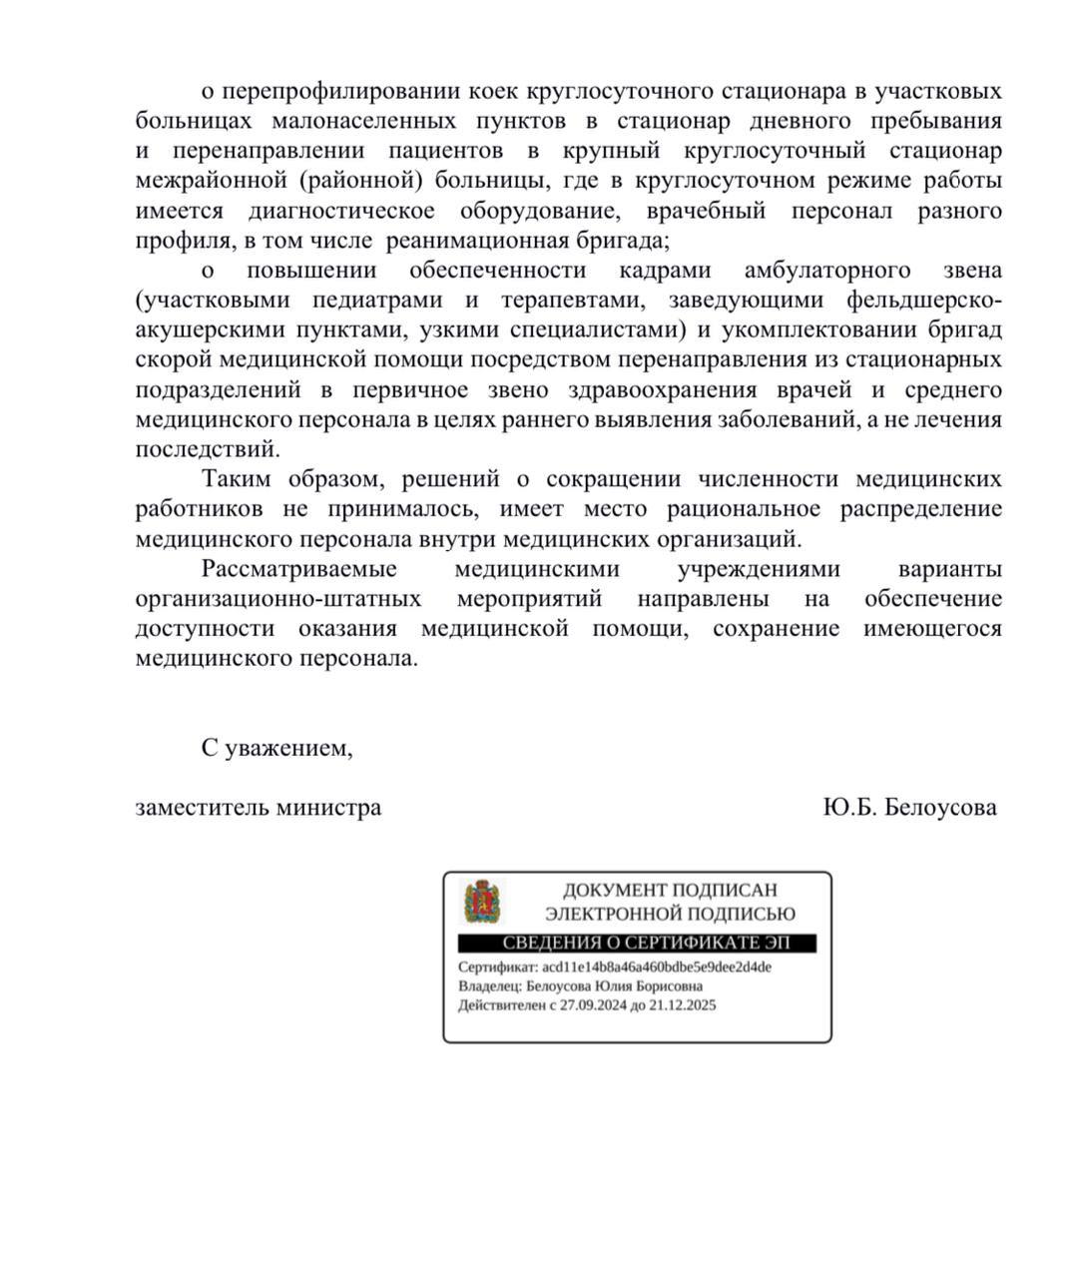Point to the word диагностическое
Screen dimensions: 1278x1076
click(x=341, y=212)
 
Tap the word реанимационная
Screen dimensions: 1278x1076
click(x=465, y=242)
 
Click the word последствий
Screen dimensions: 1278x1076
click(x=208, y=449)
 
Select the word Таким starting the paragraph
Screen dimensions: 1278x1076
click(x=236, y=479)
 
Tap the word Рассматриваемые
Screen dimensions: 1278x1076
click(x=299, y=569)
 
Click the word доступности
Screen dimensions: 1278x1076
click(x=205, y=629)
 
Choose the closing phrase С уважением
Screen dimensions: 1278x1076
click(x=276, y=748)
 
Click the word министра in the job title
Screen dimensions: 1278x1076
click(x=330, y=808)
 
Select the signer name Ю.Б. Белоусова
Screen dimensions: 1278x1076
click(x=909, y=808)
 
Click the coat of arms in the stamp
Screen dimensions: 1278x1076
click(x=482, y=902)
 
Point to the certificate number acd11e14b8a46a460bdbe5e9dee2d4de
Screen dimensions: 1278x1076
click(x=657, y=967)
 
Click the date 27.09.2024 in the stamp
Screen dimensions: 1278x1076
click(x=593, y=1005)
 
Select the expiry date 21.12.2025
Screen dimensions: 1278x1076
click(x=683, y=1005)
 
